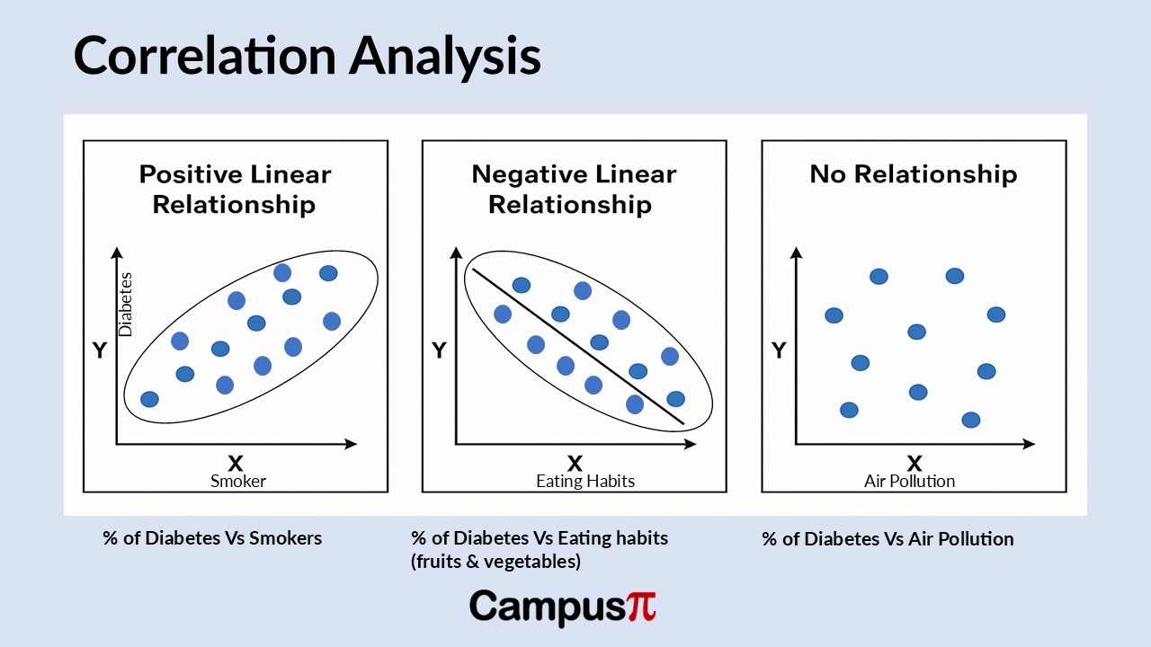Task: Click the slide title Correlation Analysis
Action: [307, 56]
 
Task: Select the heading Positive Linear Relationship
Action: [234, 189]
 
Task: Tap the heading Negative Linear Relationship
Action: [573, 189]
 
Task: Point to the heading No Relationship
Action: [913, 174]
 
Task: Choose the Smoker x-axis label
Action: [238, 481]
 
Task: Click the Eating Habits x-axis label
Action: [584, 481]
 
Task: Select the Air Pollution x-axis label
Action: [909, 481]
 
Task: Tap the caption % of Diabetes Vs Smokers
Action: [212, 538]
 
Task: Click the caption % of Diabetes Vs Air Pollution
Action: [888, 539]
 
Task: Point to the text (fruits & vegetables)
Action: [495, 562]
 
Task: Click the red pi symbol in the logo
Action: [641, 607]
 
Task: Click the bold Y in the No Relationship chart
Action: [779, 350]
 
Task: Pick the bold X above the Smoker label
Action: [236, 463]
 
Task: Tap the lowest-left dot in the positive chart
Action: [150, 399]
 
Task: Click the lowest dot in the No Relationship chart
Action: [970, 420]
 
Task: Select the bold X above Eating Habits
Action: [575, 463]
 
